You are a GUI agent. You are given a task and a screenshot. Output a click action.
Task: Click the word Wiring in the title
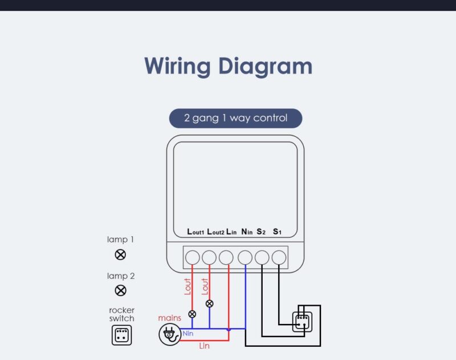[177, 66]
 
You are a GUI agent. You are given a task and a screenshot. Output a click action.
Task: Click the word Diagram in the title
[265, 66]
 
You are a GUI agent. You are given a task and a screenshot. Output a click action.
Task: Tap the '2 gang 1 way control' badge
[235, 118]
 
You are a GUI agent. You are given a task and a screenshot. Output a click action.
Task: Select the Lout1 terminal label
[196, 232]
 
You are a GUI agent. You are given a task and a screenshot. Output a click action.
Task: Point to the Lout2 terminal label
[215, 232]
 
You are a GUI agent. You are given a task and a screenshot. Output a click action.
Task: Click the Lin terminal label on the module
[231, 232]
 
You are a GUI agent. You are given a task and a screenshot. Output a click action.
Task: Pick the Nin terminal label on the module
[247, 232]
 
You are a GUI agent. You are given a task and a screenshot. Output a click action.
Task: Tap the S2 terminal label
[261, 232]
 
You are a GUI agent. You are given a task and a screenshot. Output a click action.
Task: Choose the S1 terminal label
[277, 232]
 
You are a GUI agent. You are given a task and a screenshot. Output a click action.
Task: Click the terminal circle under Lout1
[193, 257]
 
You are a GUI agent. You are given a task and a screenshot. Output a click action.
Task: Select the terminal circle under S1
[279, 257]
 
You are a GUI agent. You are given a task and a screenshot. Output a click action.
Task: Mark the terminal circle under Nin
[245, 257]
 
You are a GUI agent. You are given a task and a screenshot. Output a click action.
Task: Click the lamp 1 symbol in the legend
[120, 254]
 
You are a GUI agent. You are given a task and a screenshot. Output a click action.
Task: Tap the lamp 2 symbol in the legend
[120, 290]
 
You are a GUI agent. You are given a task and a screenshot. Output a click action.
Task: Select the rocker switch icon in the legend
[121, 335]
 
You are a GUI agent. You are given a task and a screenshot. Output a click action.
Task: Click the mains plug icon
[169, 334]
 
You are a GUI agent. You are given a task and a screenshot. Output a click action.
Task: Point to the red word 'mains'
[169, 318]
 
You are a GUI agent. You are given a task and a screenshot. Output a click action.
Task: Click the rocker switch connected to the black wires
[302, 322]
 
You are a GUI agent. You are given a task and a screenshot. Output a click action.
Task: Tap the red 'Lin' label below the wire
[204, 346]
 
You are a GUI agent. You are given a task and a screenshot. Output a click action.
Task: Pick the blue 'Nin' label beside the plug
[188, 333]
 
